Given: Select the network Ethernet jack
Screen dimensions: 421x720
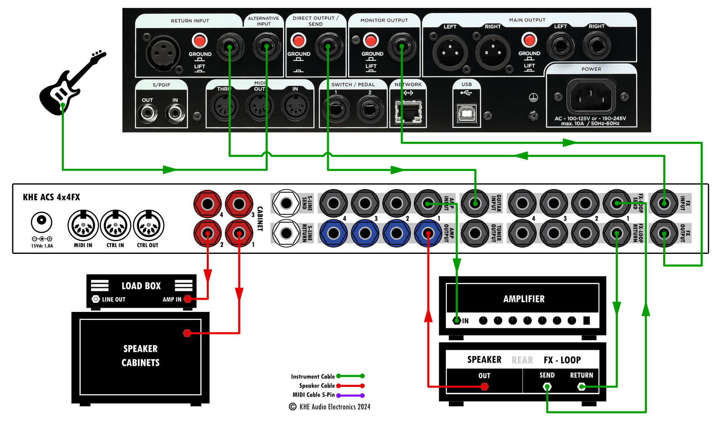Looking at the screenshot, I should click(x=408, y=112).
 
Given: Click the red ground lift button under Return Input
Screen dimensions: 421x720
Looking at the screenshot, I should click(x=199, y=41).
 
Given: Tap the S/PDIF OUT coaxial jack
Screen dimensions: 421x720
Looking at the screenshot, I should click(x=147, y=112).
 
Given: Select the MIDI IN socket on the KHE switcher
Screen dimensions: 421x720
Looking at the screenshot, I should click(x=83, y=226).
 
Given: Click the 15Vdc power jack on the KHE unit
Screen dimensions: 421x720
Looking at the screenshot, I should click(x=42, y=221).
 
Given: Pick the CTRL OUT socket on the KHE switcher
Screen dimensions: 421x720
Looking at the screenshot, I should click(x=148, y=226).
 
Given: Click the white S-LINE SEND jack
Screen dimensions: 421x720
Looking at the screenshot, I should click(x=286, y=203).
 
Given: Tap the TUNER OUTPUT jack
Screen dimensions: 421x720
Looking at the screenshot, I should click(x=475, y=233).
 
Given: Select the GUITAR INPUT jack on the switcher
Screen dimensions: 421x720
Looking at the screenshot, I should click(x=475, y=203).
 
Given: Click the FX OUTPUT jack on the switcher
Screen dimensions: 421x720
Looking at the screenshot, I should click(x=664, y=233).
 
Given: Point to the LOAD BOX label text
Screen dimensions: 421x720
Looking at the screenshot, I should click(x=141, y=286).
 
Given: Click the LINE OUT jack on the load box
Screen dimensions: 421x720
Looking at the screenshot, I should click(x=96, y=299).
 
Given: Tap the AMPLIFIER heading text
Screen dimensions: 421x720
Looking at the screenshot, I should click(x=524, y=299).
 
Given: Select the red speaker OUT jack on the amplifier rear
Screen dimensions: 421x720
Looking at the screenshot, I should click(x=484, y=386).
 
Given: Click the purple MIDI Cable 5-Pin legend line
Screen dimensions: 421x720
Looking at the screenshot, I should click(x=350, y=395).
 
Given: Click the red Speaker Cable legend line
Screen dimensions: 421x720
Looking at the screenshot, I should click(x=350, y=386).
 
